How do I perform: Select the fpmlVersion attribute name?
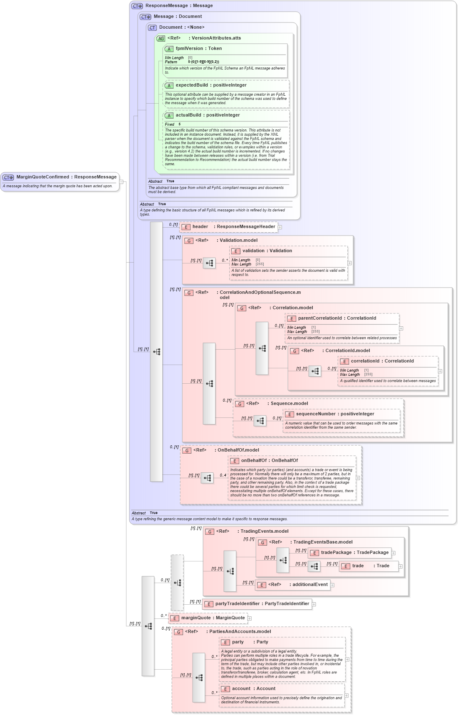click(x=189, y=49)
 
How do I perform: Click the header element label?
click(x=200, y=227)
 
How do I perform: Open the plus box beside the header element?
click(x=280, y=227)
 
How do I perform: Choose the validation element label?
click(x=253, y=251)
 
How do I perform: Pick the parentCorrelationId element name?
click(x=320, y=318)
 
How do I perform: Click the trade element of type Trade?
click(x=358, y=566)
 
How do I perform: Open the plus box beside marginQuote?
click(x=250, y=618)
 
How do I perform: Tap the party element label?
click(x=238, y=642)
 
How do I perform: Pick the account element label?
click(x=241, y=689)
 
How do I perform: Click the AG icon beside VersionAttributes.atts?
click(x=161, y=38)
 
